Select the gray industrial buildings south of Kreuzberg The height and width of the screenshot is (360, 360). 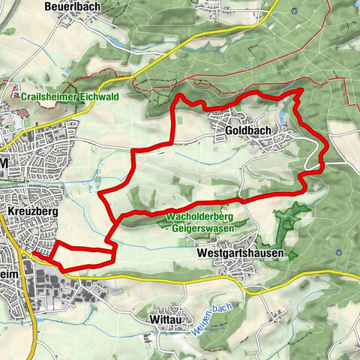pos(82,289)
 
